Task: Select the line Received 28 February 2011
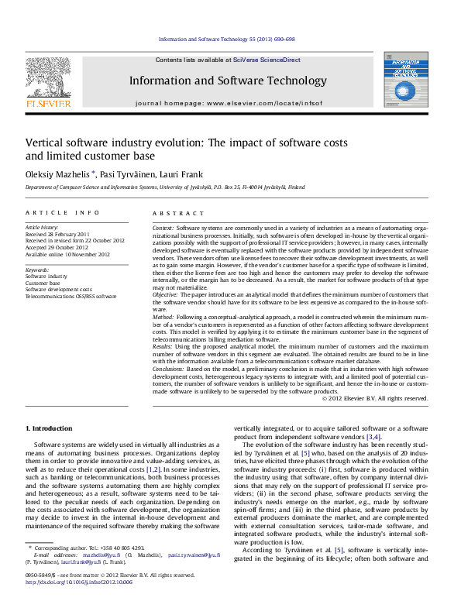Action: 58,234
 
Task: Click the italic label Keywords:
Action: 38,269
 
